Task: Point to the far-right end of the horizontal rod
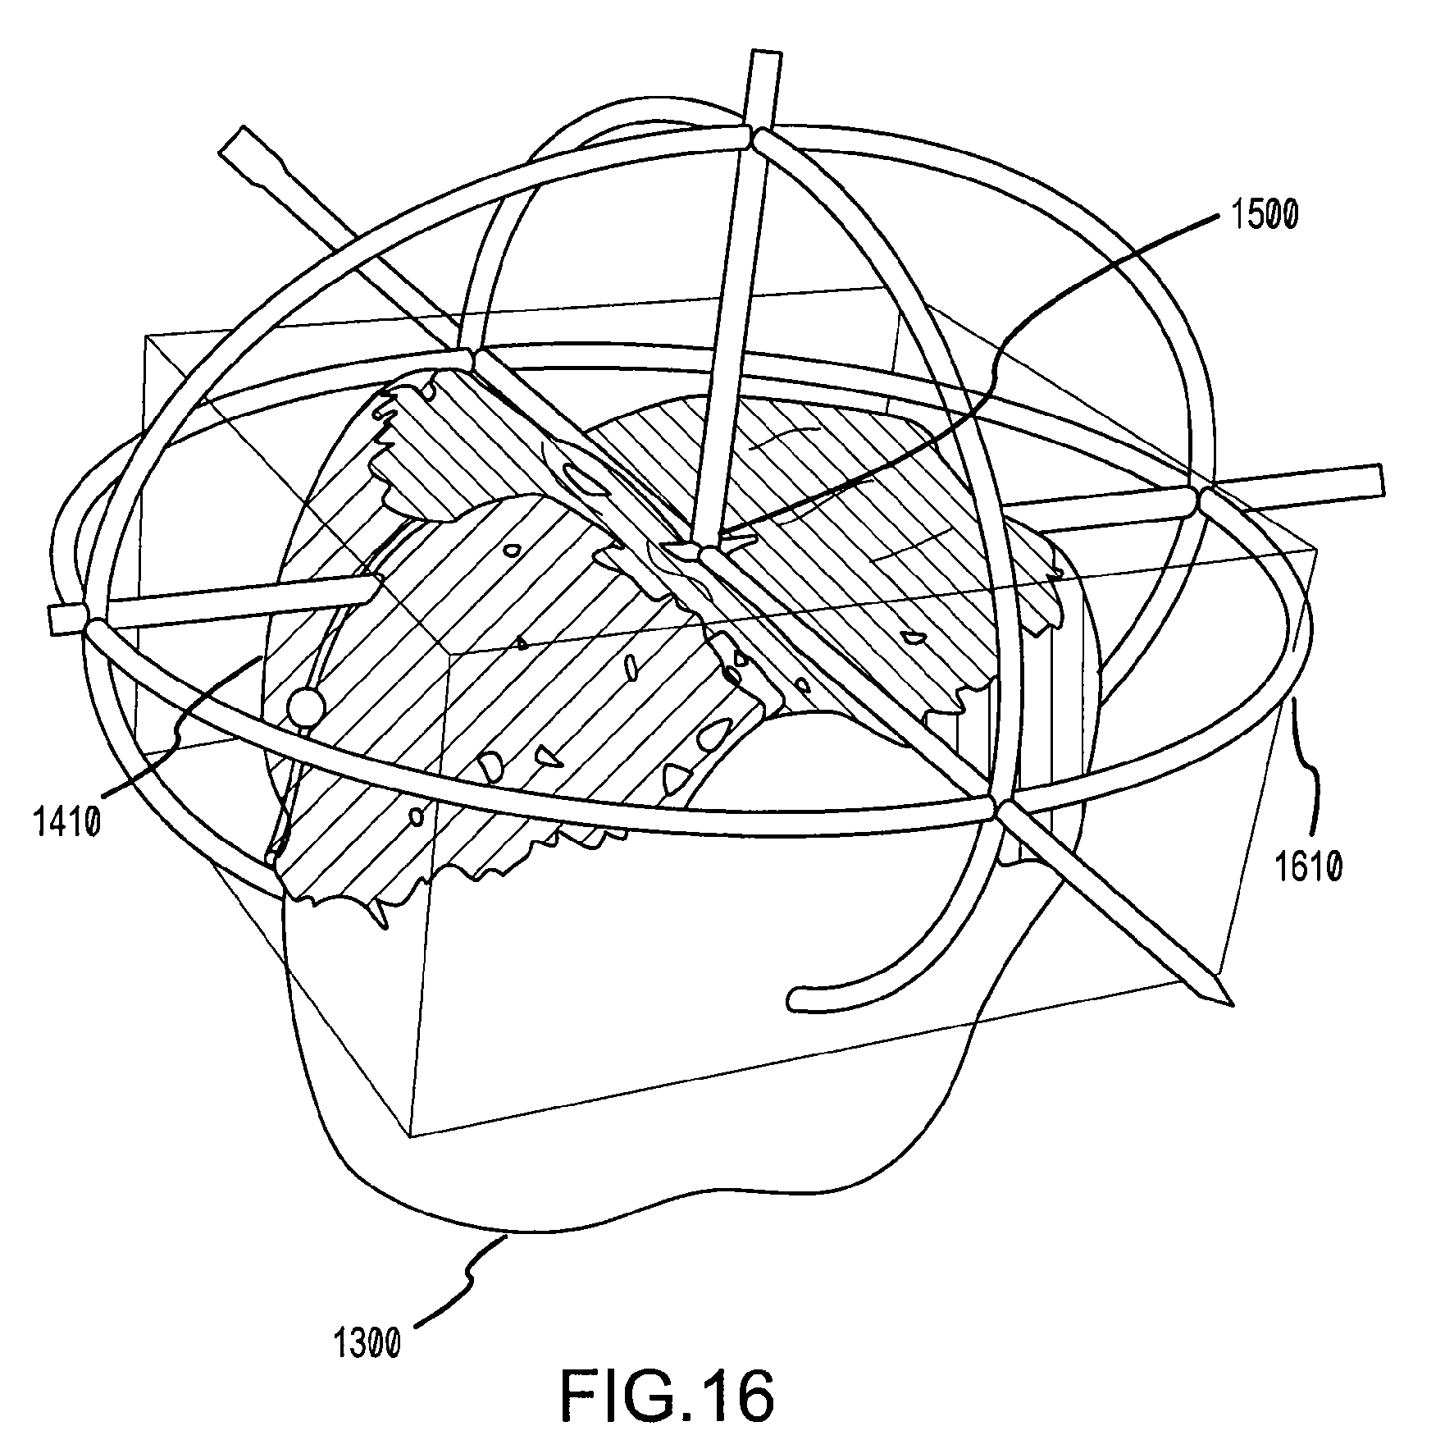(x=1380, y=478)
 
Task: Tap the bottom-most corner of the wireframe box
(x=410, y=1136)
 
